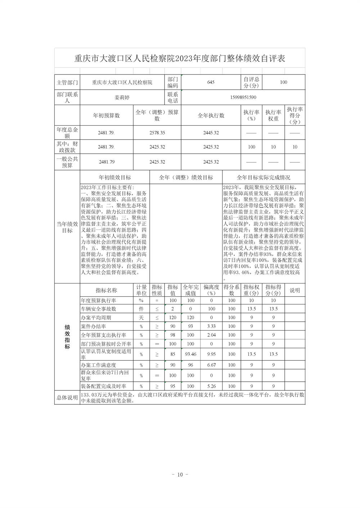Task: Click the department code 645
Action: pos(211,82)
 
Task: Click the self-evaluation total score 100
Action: pos(284,82)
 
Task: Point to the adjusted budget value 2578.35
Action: pos(157,133)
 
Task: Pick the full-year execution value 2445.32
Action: pos(211,133)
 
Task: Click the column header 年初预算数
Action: pos(107,115)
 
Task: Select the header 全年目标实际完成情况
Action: pos(264,177)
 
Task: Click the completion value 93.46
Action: pos(191,354)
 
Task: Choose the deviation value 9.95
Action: pos(211,354)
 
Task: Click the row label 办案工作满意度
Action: pos(99,365)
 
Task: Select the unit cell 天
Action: pos(141,318)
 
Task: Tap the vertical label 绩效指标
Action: pos(67,337)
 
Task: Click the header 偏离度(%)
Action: pos(211,290)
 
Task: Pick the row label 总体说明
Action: pos(67,398)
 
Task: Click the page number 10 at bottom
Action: pos(180,475)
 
